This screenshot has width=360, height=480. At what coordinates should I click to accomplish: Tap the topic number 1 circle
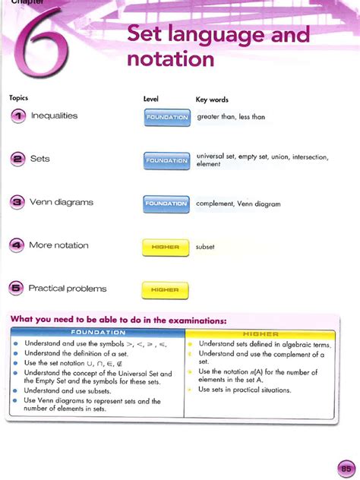tap(17, 116)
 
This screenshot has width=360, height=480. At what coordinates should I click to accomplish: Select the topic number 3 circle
tap(17, 203)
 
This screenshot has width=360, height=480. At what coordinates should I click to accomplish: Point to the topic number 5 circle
tap(17, 289)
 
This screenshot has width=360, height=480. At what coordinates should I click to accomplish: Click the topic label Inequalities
tap(54, 116)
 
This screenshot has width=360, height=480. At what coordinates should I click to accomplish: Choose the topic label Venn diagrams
tap(61, 203)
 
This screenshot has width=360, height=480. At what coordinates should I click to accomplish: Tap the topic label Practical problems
tap(68, 289)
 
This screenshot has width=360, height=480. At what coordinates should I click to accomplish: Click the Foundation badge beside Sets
tap(166, 160)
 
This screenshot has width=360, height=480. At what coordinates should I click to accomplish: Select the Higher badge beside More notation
tap(165, 246)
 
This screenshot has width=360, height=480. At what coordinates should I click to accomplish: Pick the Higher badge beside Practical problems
tap(165, 289)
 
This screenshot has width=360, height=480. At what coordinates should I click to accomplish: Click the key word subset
tap(206, 246)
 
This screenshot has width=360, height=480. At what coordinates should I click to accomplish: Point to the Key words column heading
tap(212, 99)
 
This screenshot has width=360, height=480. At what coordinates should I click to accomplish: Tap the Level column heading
tap(150, 99)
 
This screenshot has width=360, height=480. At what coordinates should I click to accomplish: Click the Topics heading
tap(18, 99)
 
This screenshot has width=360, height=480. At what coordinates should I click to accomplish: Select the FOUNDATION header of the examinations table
tap(98, 333)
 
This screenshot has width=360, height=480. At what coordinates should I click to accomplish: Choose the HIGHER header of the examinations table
tap(261, 333)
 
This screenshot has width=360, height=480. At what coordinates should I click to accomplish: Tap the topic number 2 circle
tap(17, 159)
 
